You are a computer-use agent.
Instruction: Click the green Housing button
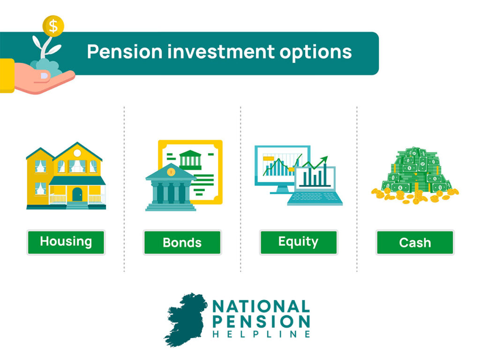pyautogui.click(x=66, y=242)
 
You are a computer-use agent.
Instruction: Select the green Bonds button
pyautogui.click(x=182, y=242)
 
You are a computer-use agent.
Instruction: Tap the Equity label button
pyautogui.click(x=299, y=242)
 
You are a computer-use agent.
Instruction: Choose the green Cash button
pyautogui.click(x=415, y=242)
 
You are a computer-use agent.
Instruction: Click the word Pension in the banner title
pyautogui.click(x=125, y=52)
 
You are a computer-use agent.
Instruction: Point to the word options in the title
pyautogui.click(x=315, y=52)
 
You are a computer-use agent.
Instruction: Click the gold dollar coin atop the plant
pyautogui.click(x=53, y=26)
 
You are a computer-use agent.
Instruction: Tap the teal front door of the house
pyautogui.click(x=77, y=195)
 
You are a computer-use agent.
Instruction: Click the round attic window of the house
pyautogui.click(x=77, y=153)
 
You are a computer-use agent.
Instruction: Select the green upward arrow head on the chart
pyautogui.click(x=324, y=160)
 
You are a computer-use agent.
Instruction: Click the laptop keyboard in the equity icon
pyautogui.click(x=315, y=199)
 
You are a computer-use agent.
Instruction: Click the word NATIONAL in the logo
pyautogui.click(x=261, y=307)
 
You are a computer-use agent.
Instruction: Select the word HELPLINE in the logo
pyautogui.click(x=261, y=334)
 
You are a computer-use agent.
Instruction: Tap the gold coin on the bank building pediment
pyautogui.click(x=171, y=172)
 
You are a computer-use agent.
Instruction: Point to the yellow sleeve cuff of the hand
pyautogui.click(x=7, y=75)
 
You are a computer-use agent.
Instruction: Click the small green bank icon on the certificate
pyautogui.click(x=190, y=159)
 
